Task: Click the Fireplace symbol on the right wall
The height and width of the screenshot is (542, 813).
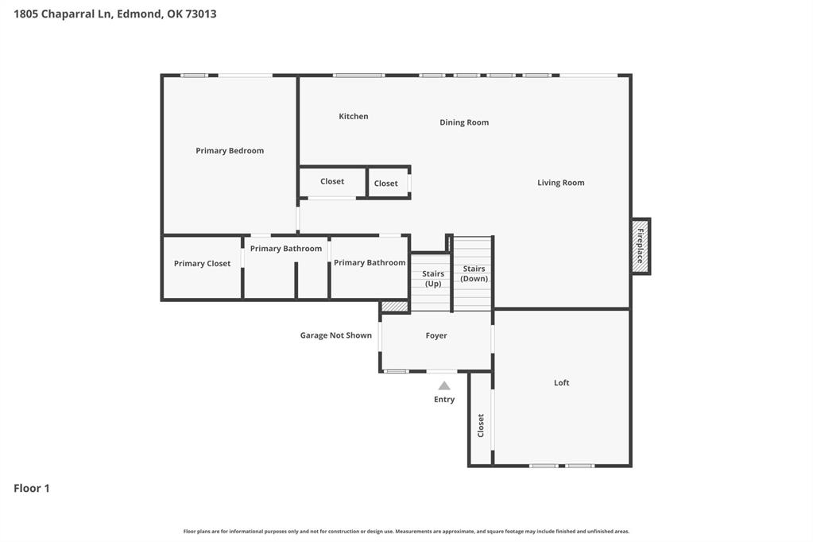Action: tap(641, 246)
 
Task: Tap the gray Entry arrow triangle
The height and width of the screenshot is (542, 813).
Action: tap(444, 386)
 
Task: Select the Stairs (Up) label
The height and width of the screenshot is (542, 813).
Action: tap(433, 278)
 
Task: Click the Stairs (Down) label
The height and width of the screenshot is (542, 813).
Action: tap(474, 273)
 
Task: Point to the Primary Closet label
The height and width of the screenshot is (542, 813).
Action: tap(202, 264)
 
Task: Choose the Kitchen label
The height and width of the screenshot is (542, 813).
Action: tap(354, 117)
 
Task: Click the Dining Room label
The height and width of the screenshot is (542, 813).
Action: tap(464, 122)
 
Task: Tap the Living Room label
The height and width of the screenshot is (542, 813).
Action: tap(560, 183)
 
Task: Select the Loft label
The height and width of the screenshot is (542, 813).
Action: tap(561, 383)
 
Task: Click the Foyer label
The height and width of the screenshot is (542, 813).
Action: tap(436, 336)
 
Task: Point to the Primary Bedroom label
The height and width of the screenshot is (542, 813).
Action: tap(230, 151)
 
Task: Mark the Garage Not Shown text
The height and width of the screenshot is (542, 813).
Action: tap(335, 335)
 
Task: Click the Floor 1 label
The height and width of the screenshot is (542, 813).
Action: tap(32, 489)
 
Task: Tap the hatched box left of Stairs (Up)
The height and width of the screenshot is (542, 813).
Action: tap(394, 307)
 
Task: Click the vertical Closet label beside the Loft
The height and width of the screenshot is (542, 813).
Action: tap(481, 425)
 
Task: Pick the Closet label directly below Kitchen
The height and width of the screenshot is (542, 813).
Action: tap(332, 182)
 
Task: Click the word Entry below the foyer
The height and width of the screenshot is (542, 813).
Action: tap(444, 400)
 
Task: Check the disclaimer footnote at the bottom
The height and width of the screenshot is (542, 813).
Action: tap(406, 532)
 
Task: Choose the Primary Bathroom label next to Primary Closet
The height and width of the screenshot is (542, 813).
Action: tap(286, 249)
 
